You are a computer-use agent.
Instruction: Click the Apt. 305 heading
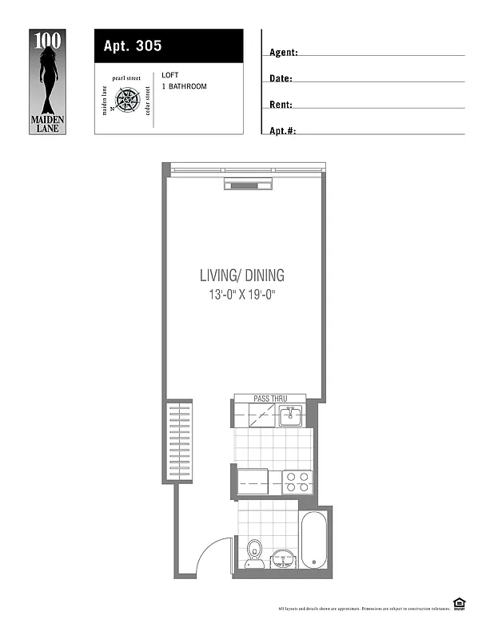tap(133, 46)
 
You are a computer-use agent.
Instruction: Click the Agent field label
tap(284, 53)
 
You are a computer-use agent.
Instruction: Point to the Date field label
tap(281, 79)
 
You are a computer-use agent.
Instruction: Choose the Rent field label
tap(281, 105)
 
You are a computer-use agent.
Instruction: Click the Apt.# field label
tap(283, 130)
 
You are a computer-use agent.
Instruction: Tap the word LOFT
tap(169, 75)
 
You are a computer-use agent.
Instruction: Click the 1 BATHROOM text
tap(184, 86)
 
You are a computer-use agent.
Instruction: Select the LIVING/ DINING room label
tap(241, 276)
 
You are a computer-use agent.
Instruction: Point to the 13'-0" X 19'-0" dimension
tap(241, 295)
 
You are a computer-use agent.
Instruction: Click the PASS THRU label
tap(269, 398)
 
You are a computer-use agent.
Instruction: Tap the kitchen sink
tap(290, 415)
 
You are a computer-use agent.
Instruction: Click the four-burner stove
tap(297, 482)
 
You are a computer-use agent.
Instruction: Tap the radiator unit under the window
tap(249, 186)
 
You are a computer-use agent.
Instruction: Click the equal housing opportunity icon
tap(459, 603)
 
